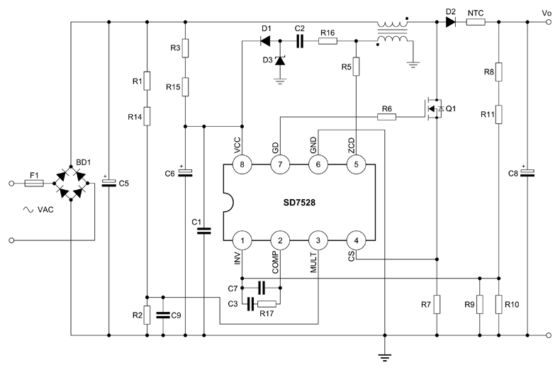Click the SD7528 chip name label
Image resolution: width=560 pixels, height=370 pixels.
point(301,202)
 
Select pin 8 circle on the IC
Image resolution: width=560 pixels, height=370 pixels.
point(242,164)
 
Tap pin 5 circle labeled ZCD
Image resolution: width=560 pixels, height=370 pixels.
point(356,164)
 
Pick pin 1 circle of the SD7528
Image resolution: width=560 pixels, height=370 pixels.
point(242,240)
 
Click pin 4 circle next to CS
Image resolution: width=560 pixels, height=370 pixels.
point(356,240)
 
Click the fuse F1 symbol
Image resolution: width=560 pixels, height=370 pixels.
point(33,183)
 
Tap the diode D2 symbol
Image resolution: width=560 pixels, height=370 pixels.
point(450,22)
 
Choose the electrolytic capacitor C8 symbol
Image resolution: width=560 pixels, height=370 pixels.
point(527,173)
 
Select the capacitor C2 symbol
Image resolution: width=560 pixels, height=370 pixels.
point(299,41)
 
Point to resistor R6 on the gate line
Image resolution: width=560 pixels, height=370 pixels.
point(386,116)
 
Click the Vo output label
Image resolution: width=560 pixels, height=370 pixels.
point(546,13)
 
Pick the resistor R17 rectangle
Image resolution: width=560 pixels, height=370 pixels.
point(267,305)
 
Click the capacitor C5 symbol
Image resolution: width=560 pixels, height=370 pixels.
point(108,183)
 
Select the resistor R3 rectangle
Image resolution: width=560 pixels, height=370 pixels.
point(184,47)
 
